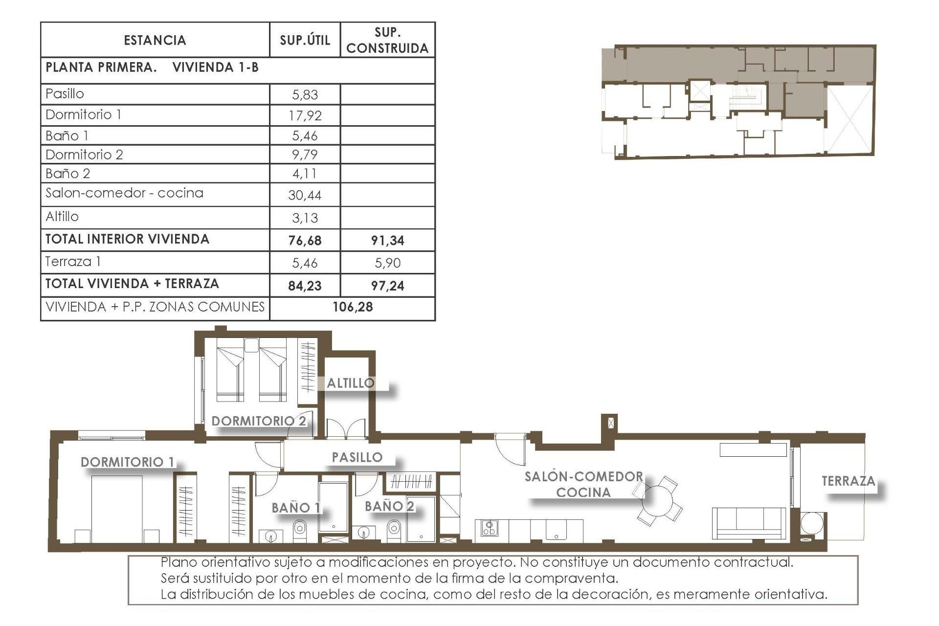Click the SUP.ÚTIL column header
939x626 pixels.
pyautogui.click(x=305, y=40)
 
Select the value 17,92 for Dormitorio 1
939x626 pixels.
pyautogui.click(x=305, y=116)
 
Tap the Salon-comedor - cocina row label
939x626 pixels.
pyautogui.click(x=124, y=193)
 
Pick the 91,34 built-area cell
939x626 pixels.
pyautogui.click(x=387, y=241)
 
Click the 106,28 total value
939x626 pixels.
pyautogui.click(x=353, y=307)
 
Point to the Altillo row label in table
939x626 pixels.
pyautogui.click(x=62, y=217)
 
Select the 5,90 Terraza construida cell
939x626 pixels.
pyautogui.click(x=387, y=263)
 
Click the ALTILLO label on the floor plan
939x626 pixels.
pyautogui.click(x=351, y=383)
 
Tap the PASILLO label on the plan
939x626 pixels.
pyautogui.click(x=357, y=457)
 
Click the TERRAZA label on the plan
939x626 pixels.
pyautogui.click(x=848, y=481)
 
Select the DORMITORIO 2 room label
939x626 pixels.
pyautogui.click(x=259, y=421)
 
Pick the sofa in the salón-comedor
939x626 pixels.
pyautogui.click(x=749, y=523)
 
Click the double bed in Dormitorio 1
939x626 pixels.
pyautogui.click(x=117, y=509)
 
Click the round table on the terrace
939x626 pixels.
pyautogui.click(x=812, y=523)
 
